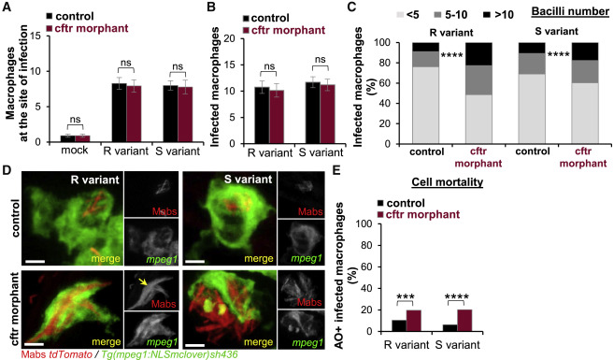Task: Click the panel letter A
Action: (x=7, y=7)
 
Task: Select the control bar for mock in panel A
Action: (x=67, y=138)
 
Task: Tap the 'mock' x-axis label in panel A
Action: (x=75, y=151)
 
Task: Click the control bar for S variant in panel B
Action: (x=313, y=113)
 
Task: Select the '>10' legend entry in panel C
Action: (x=497, y=15)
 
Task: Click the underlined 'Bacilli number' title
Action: (x=570, y=11)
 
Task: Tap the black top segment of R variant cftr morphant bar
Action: (x=478, y=54)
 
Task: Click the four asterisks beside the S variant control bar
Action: (x=558, y=55)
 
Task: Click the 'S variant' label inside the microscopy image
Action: (x=249, y=180)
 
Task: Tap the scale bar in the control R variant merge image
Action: (x=36, y=261)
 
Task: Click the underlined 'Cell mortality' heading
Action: (x=448, y=182)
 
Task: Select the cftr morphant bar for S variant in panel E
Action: (x=464, y=321)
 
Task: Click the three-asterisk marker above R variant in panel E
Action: (x=406, y=296)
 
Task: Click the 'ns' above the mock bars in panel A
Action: (x=75, y=121)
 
